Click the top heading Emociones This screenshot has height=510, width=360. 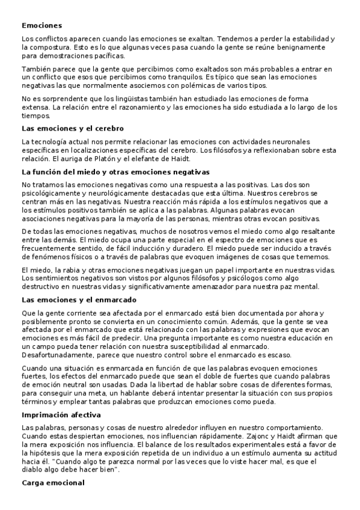click(41, 26)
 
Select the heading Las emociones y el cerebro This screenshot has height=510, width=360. click(73, 129)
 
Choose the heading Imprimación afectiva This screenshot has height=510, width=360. click(61, 415)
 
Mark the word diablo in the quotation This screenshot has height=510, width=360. click(35, 470)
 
